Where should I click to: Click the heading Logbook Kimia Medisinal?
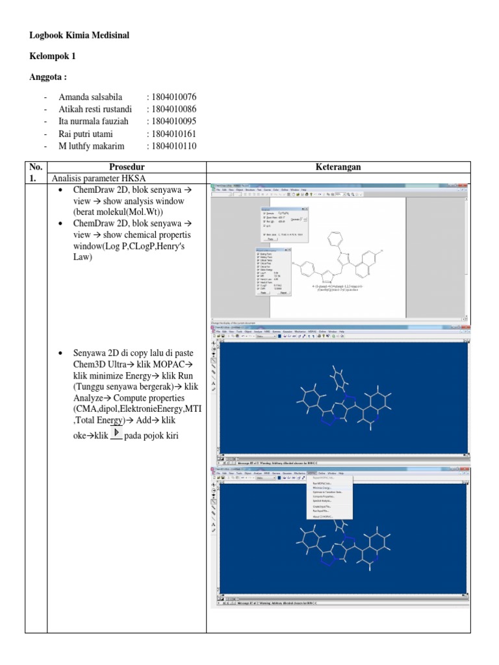(79, 35)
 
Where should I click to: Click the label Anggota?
(48, 77)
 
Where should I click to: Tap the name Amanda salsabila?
(90, 97)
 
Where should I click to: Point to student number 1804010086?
(172, 109)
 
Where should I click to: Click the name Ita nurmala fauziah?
(94, 121)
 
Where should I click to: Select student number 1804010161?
(172, 134)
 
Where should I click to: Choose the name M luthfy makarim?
(92, 146)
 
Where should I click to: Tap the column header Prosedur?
(127, 167)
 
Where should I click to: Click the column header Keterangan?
(338, 167)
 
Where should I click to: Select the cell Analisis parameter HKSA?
(99, 178)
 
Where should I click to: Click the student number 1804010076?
(172, 97)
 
